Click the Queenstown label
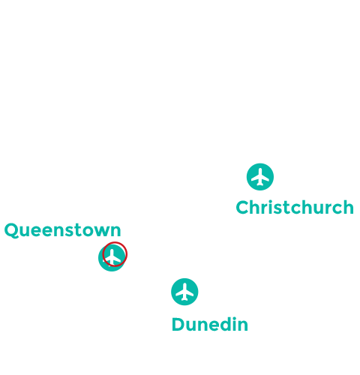pos(62,230)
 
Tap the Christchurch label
pos(294,207)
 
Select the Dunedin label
pos(209,325)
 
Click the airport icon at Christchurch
pos(259,177)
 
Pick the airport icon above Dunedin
pos(184,292)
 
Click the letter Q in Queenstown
pos(11,230)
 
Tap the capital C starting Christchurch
pos(243,207)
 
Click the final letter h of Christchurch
pos(346,207)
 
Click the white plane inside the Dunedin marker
pos(184,292)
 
